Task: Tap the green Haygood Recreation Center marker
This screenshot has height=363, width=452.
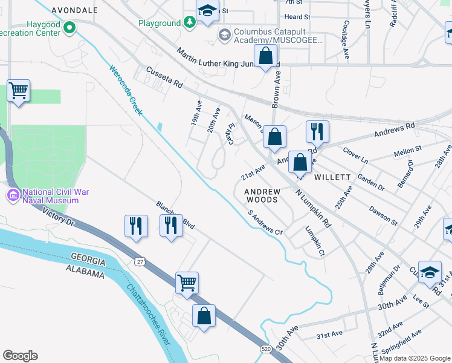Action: pyautogui.click(x=70, y=27)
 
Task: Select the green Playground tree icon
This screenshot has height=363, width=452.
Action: pyautogui.click(x=190, y=23)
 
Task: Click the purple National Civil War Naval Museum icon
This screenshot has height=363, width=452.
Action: pyautogui.click(x=13, y=195)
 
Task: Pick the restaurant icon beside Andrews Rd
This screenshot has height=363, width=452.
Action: pyautogui.click(x=317, y=131)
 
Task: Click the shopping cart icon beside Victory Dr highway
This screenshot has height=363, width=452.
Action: pyautogui.click(x=187, y=283)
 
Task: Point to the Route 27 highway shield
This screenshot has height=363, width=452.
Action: pyautogui.click(x=140, y=261)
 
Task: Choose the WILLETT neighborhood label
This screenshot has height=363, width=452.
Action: pyautogui.click(x=332, y=177)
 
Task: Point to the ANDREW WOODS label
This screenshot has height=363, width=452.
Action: pyautogui.click(x=262, y=195)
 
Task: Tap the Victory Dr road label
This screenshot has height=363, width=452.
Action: pyautogui.click(x=59, y=217)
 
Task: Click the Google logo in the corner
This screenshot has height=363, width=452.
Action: pyautogui.click(x=20, y=356)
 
